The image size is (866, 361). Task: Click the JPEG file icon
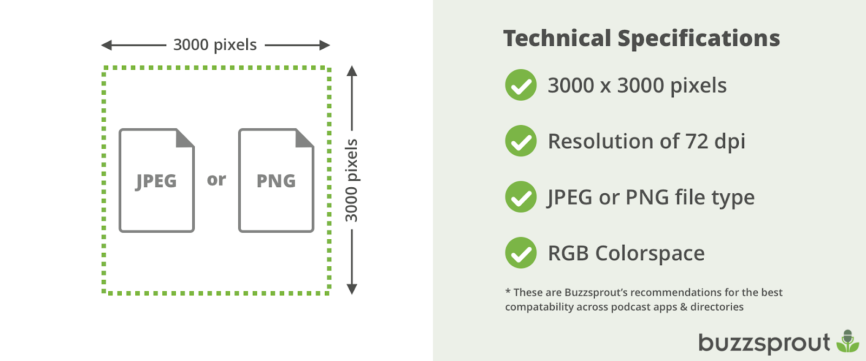click(x=156, y=180)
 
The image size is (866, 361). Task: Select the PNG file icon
click(x=276, y=180)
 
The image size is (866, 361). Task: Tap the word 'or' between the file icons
click(x=216, y=180)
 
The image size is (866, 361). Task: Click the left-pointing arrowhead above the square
click(x=106, y=45)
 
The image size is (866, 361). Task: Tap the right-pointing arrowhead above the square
click(x=325, y=45)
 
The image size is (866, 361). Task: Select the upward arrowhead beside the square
click(x=352, y=71)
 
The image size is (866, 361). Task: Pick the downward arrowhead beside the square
click(x=352, y=289)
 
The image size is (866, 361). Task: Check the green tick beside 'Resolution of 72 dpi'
click(x=521, y=141)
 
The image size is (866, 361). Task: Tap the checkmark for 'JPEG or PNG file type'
click(x=521, y=196)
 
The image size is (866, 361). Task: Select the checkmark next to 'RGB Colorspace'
click(x=521, y=253)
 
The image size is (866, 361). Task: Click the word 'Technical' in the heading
click(x=557, y=38)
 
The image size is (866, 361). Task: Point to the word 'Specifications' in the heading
click(x=699, y=38)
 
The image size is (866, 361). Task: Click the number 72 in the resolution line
click(x=697, y=141)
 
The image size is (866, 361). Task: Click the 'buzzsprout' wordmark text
click(x=764, y=343)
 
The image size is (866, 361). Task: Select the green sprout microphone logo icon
click(x=848, y=341)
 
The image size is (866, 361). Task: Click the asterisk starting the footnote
click(x=508, y=291)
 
